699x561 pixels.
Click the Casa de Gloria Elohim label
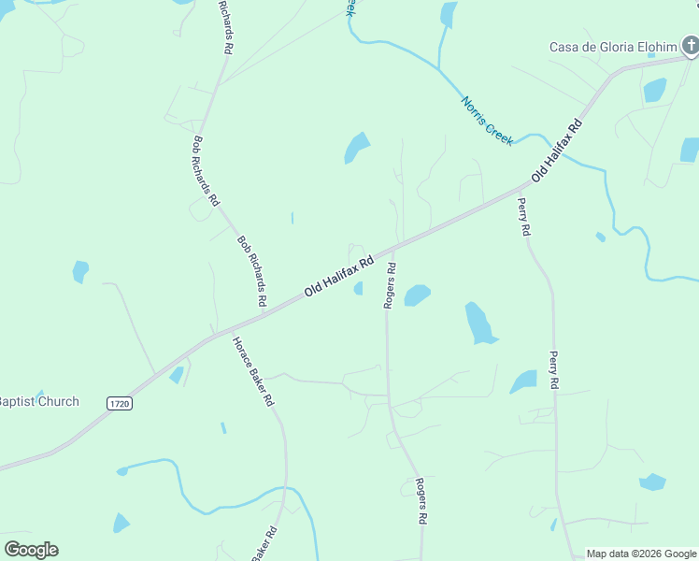[612, 47]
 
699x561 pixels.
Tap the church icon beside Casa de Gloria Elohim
[690, 44]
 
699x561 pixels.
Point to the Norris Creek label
[486, 120]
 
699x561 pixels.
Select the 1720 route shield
[119, 403]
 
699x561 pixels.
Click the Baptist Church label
[39, 402]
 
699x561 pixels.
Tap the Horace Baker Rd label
[252, 370]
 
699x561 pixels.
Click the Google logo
[31, 550]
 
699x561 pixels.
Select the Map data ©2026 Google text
[641, 554]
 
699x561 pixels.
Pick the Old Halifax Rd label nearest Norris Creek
[557, 151]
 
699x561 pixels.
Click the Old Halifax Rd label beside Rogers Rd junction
[338, 277]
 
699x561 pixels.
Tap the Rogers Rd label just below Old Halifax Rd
[391, 285]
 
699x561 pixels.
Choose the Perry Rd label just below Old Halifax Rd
[524, 216]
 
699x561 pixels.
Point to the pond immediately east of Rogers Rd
[417, 295]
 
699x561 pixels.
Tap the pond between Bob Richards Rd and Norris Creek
[356, 147]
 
